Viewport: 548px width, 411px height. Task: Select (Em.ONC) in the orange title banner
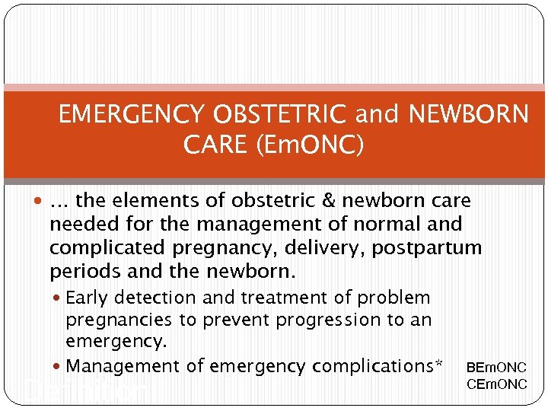point(311,145)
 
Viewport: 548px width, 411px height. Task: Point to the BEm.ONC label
point(496,368)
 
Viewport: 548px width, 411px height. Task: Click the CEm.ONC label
point(496,384)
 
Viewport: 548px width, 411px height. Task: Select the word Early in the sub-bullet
point(88,298)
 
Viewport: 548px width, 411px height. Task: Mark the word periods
point(79,272)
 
